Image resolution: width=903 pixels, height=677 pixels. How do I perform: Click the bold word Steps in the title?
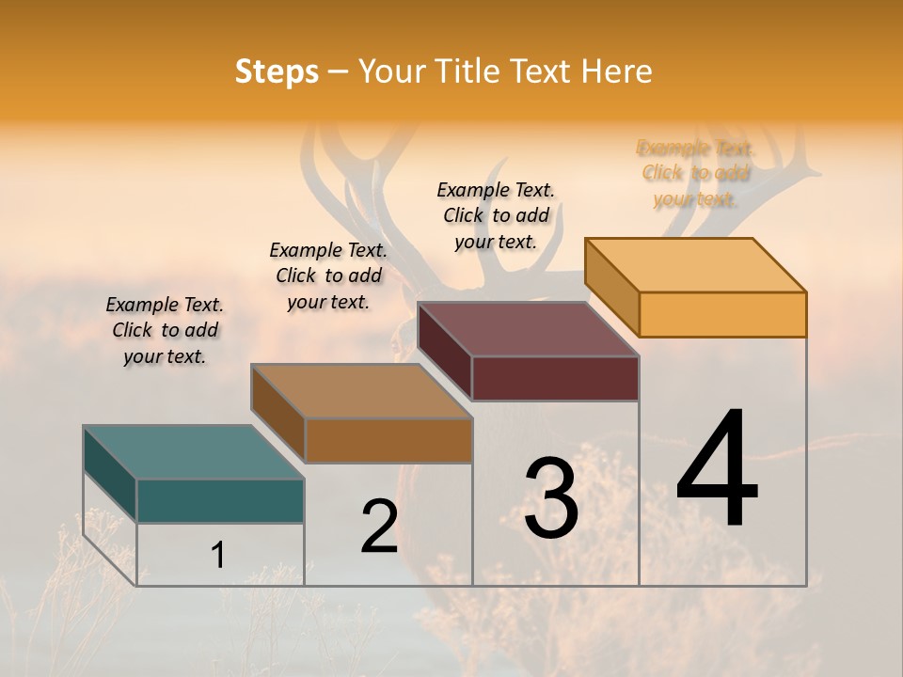click(x=277, y=71)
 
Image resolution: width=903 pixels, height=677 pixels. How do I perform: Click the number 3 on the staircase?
click(x=551, y=498)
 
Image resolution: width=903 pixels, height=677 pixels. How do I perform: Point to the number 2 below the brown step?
click(x=379, y=527)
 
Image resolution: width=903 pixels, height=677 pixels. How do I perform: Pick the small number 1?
click(x=217, y=555)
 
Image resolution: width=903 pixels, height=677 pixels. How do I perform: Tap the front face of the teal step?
click(x=220, y=500)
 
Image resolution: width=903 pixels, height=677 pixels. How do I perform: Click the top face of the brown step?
click(x=361, y=391)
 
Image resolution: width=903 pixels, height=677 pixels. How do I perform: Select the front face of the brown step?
click(x=388, y=440)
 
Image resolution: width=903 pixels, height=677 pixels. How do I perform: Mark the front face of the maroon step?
click(x=555, y=378)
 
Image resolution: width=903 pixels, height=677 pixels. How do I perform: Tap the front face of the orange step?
click(x=722, y=314)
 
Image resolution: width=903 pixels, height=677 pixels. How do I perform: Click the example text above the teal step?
click(x=165, y=330)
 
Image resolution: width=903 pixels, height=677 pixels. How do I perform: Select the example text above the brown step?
click(x=328, y=276)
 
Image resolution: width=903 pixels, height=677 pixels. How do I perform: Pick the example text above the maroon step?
click(x=496, y=215)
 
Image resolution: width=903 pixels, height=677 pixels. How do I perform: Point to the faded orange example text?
click(x=695, y=173)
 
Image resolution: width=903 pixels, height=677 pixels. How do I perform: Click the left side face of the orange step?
click(x=611, y=287)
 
